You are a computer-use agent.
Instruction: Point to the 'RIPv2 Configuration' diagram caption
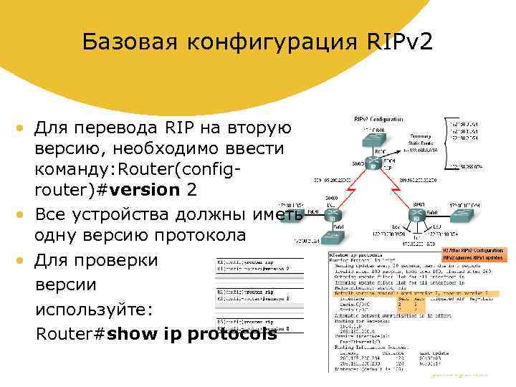tap(378, 119)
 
